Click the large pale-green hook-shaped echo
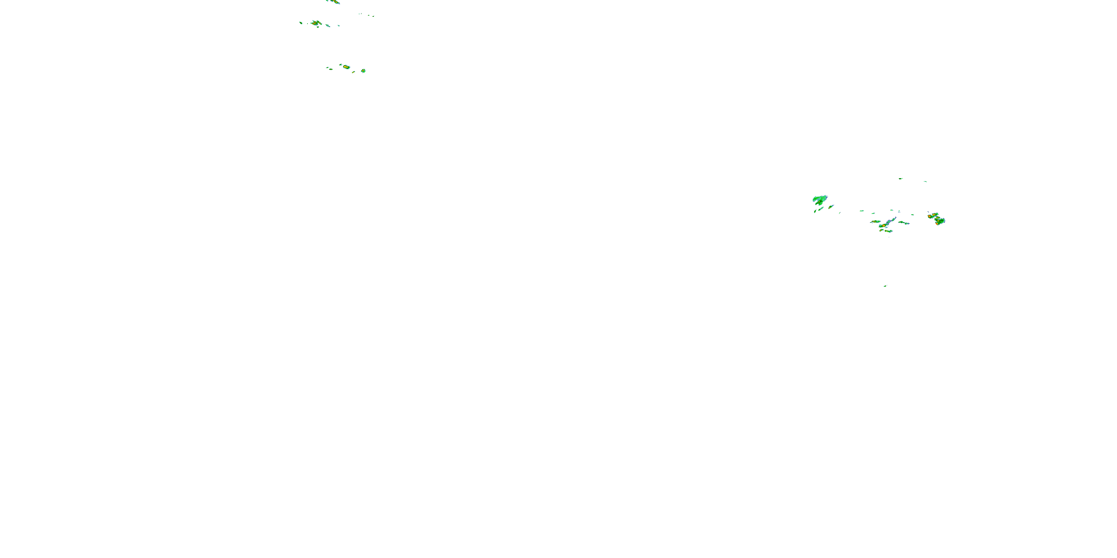pyautogui.click(x=819, y=200)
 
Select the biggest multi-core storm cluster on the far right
pyautogui.click(x=937, y=219)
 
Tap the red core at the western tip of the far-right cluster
pyautogui.click(x=929, y=215)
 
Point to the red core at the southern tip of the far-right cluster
pyautogui.click(x=938, y=224)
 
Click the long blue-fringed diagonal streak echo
pyautogui.click(x=890, y=222)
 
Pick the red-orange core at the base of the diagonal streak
pyautogui.click(x=882, y=226)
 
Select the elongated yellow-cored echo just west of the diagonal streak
pyautogui.click(x=875, y=221)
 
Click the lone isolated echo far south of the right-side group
pyautogui.click(x=885, y=286)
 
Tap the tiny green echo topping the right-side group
pyautogui.click(x=901, y=178)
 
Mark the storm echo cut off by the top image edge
pyautogui.click(x=334, y=2)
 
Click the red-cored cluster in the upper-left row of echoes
pyautogui.click(x=316, y=23)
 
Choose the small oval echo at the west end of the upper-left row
pyautogui.click(x=300, y=23)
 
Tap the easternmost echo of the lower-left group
pyautogui.click(x=363, y=71)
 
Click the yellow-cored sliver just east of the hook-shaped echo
pyautogui.click(x=831, y=207)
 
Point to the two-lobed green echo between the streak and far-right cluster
pyautogui.click(x=904, y=223)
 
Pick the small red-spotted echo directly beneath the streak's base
pyautogui.click(x=888, y=231)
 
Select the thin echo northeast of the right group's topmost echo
pyautogui.click(x=925, y=182)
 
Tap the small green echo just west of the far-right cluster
pyautogui.click(x=912, y=214)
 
